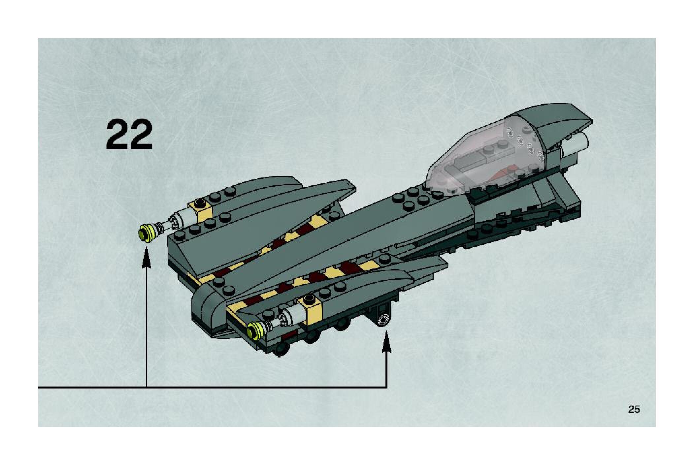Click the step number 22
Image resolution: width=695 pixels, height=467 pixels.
click(x=129, y=135)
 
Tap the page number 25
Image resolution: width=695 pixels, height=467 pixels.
click(x=634, y=409)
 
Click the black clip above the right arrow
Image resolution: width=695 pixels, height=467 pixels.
click(x=383, y=316)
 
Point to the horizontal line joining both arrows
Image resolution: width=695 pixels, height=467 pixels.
click(x=264, y=387)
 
